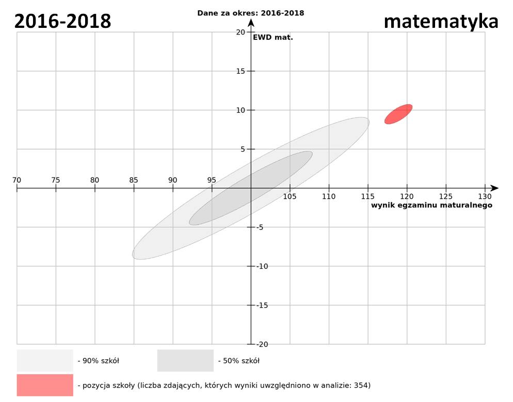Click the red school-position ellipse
(x=398, y=114)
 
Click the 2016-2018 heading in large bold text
(x=62, y=21)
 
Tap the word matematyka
(x=441, y=21)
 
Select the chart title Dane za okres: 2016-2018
(x=251, y=13)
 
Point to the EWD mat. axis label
(x=272, y=37)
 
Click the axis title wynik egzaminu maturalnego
(x=431, y=205)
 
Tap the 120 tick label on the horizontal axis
(x=407, y=196)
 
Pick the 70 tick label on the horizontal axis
(x=17, y=180)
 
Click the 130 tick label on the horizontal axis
(x=485, y=196)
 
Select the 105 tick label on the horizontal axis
(x=290, y=196)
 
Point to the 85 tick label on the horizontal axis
(x=134, y=180)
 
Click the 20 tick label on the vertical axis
(x=240, y=32)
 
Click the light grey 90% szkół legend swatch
(x=45, y=360)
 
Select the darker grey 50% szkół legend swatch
(x=185, y=360)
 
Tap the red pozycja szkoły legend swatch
(x=45, y=385)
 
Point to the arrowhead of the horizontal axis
(x=494, y=188)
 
